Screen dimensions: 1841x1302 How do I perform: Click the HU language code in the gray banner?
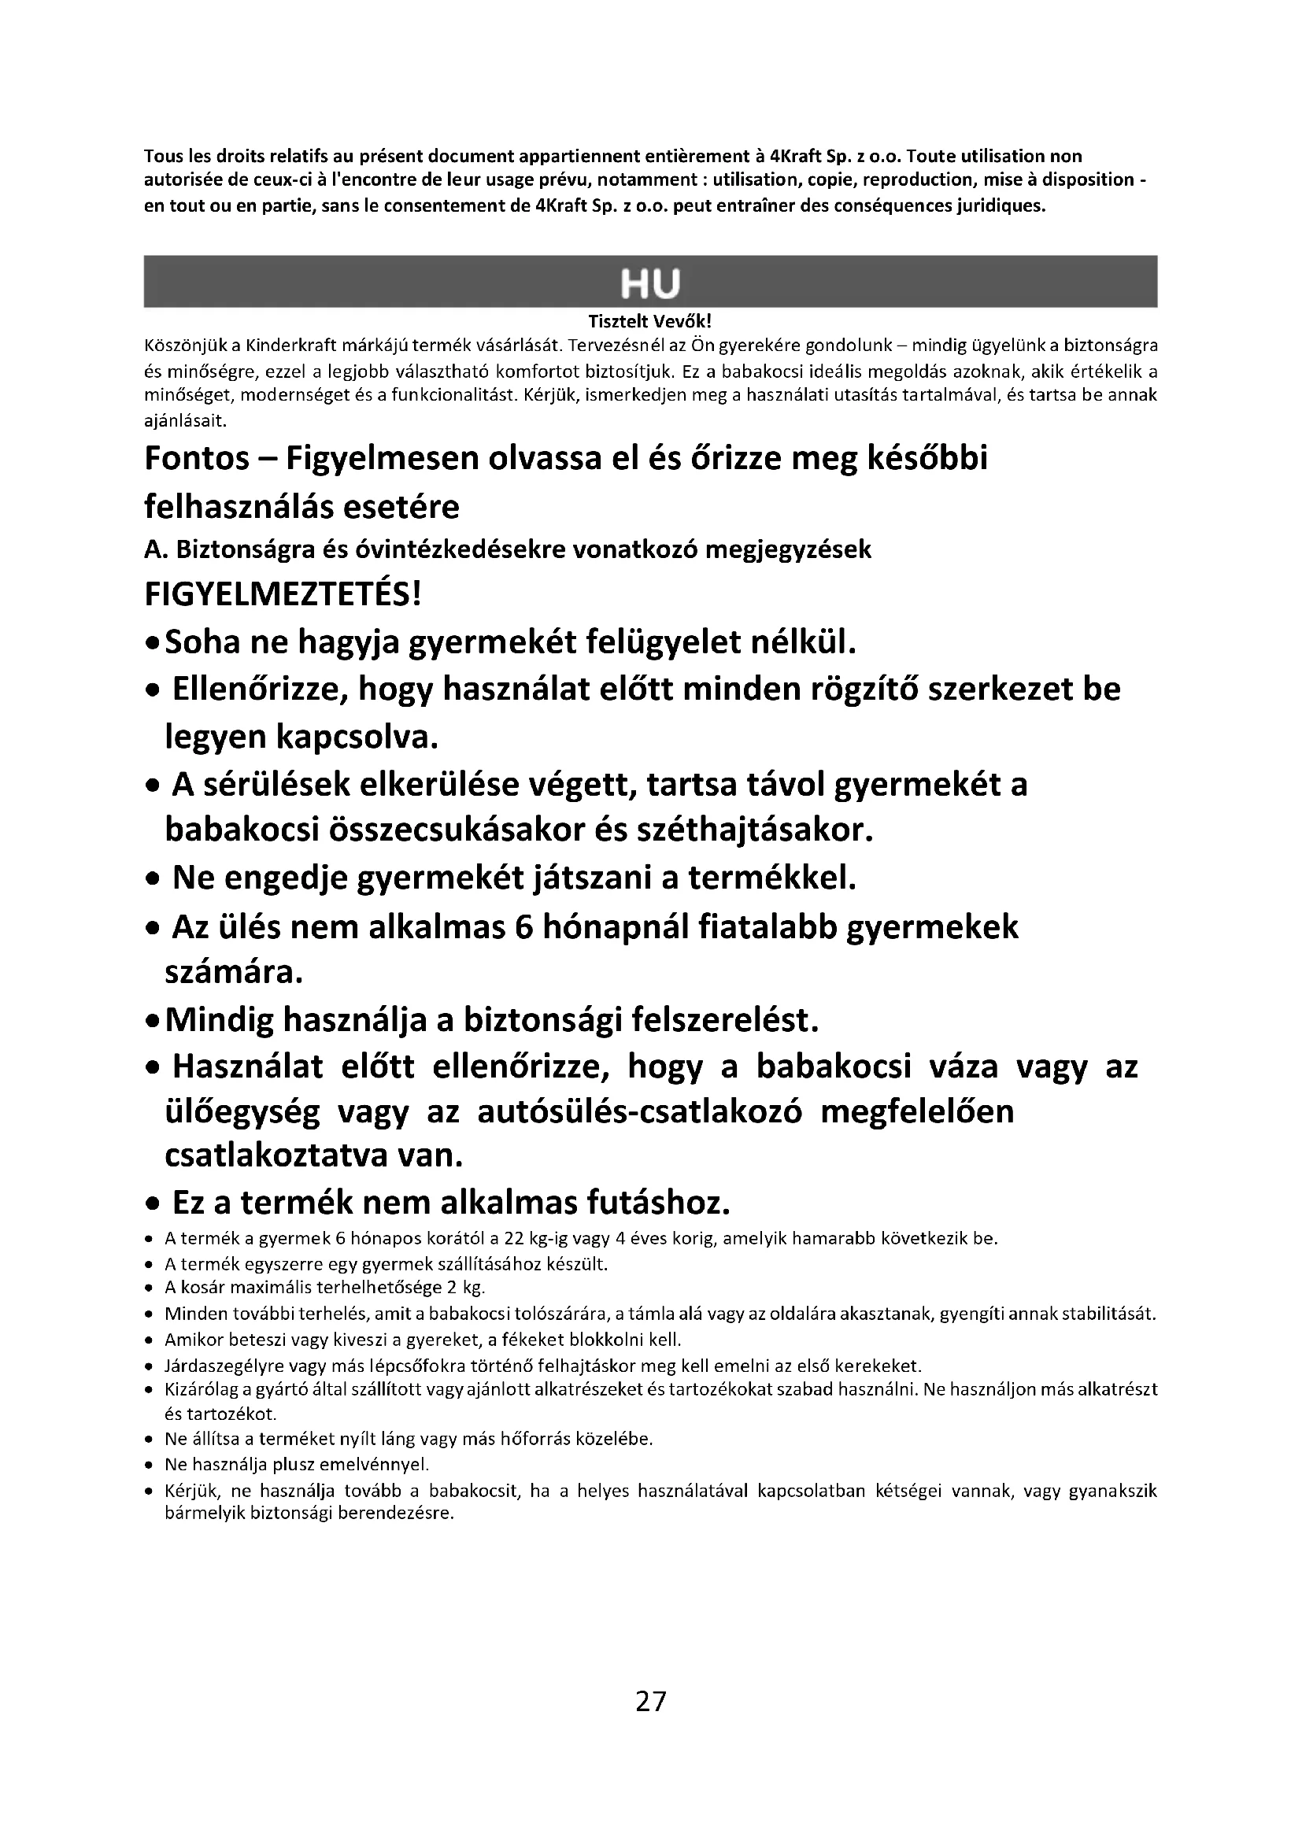tap(650, 284)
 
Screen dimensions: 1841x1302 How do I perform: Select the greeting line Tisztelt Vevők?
tap(650, 323)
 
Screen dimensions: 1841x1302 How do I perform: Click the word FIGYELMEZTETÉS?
tap(283, 596)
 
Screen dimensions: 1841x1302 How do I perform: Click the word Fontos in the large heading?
tap(197, 460)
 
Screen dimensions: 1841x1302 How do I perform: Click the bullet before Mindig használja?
tap(153, 1022)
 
